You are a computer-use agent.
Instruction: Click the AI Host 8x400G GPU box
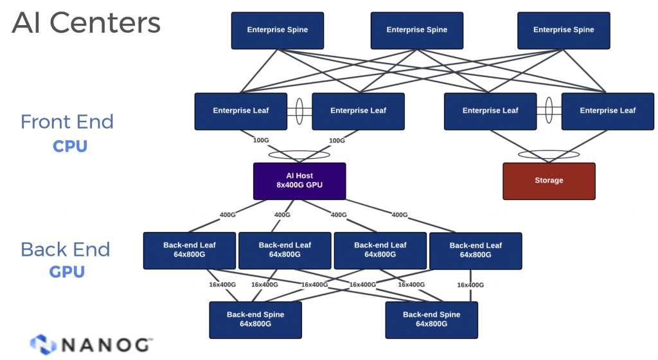299,181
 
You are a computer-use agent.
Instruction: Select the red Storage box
549,181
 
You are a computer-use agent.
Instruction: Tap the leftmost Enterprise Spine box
278,30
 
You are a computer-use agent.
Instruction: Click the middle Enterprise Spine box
417,30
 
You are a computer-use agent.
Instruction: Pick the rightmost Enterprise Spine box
564,30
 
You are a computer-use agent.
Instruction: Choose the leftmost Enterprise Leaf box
241,111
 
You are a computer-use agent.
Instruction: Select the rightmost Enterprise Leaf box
607,111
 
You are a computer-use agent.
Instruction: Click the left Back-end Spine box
255,319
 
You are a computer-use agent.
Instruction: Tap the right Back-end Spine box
431,319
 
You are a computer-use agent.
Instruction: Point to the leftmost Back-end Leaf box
190,250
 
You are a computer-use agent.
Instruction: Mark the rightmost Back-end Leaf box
476,250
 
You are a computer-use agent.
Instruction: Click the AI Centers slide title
86,23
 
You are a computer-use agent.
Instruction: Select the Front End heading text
67,122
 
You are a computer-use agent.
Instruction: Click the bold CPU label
70,146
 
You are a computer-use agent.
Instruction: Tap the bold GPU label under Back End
67,272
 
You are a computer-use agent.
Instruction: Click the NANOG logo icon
43,345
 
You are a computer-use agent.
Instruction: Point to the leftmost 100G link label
261,140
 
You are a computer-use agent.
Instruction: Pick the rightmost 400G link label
400,215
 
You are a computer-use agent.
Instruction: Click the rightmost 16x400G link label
470,285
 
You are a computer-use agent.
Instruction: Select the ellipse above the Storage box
549,155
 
